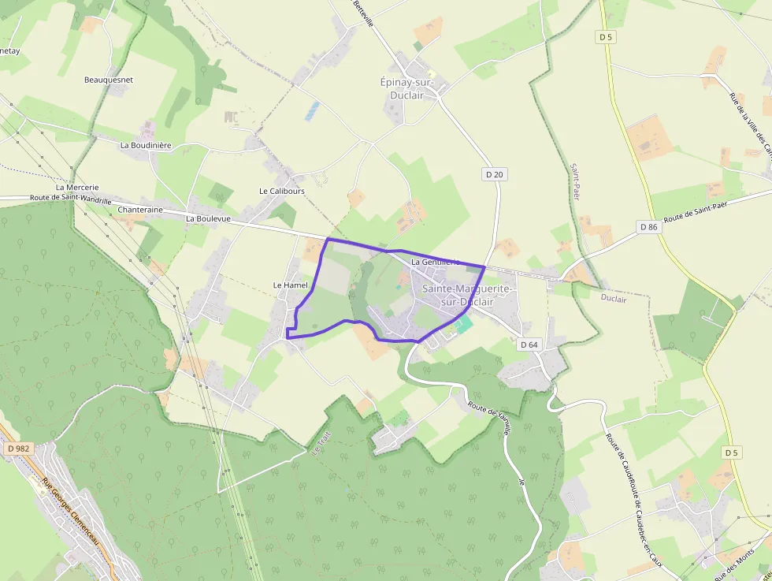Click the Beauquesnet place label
109,80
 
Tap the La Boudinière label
146,145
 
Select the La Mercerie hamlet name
77,187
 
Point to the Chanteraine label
139,210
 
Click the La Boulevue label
208,218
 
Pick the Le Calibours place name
281,191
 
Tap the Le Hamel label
290,285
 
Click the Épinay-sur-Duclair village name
413,88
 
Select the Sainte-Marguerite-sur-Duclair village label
467,295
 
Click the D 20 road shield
494,174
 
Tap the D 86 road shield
648,227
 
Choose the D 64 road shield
529,345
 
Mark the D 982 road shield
17,448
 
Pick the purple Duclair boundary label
614,299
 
